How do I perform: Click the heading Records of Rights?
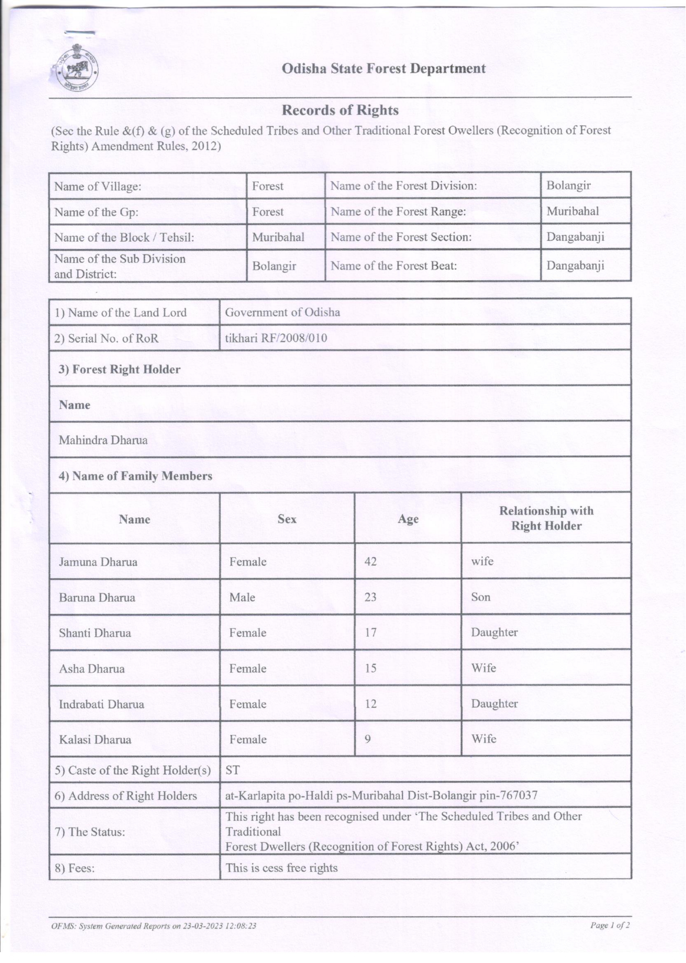[x=340, y=110]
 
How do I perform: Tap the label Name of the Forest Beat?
[x=394, y=266]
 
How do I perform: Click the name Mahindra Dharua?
[x=103, y=440]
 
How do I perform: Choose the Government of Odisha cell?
[x=282, y=312]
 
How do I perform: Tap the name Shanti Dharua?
[x=95, y=633]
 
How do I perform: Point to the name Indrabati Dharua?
[x=101, y=704]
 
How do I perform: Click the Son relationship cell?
[x=481, y=597]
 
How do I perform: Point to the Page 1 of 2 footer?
[x=610, y=926]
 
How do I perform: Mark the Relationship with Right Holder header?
[x=546, y=518]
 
